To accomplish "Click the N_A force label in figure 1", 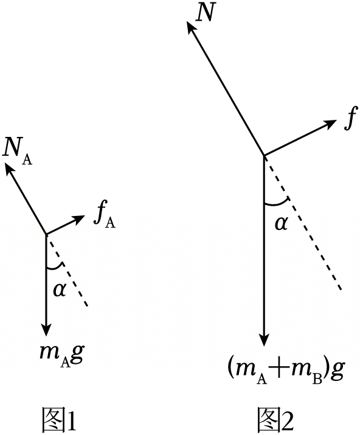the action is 17,155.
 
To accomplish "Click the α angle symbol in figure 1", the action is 60,290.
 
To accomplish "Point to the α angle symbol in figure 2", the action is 281,224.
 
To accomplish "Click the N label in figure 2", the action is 206,13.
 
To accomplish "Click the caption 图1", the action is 59,419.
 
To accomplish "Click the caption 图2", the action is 275,419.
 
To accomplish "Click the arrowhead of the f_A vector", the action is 78,218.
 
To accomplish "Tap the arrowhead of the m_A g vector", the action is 46,330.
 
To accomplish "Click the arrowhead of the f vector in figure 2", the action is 331,124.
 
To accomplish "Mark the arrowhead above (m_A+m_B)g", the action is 264,339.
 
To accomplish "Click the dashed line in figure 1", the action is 67,271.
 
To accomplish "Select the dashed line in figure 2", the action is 302,223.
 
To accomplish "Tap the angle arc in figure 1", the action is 55,268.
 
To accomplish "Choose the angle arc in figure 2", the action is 277,204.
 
